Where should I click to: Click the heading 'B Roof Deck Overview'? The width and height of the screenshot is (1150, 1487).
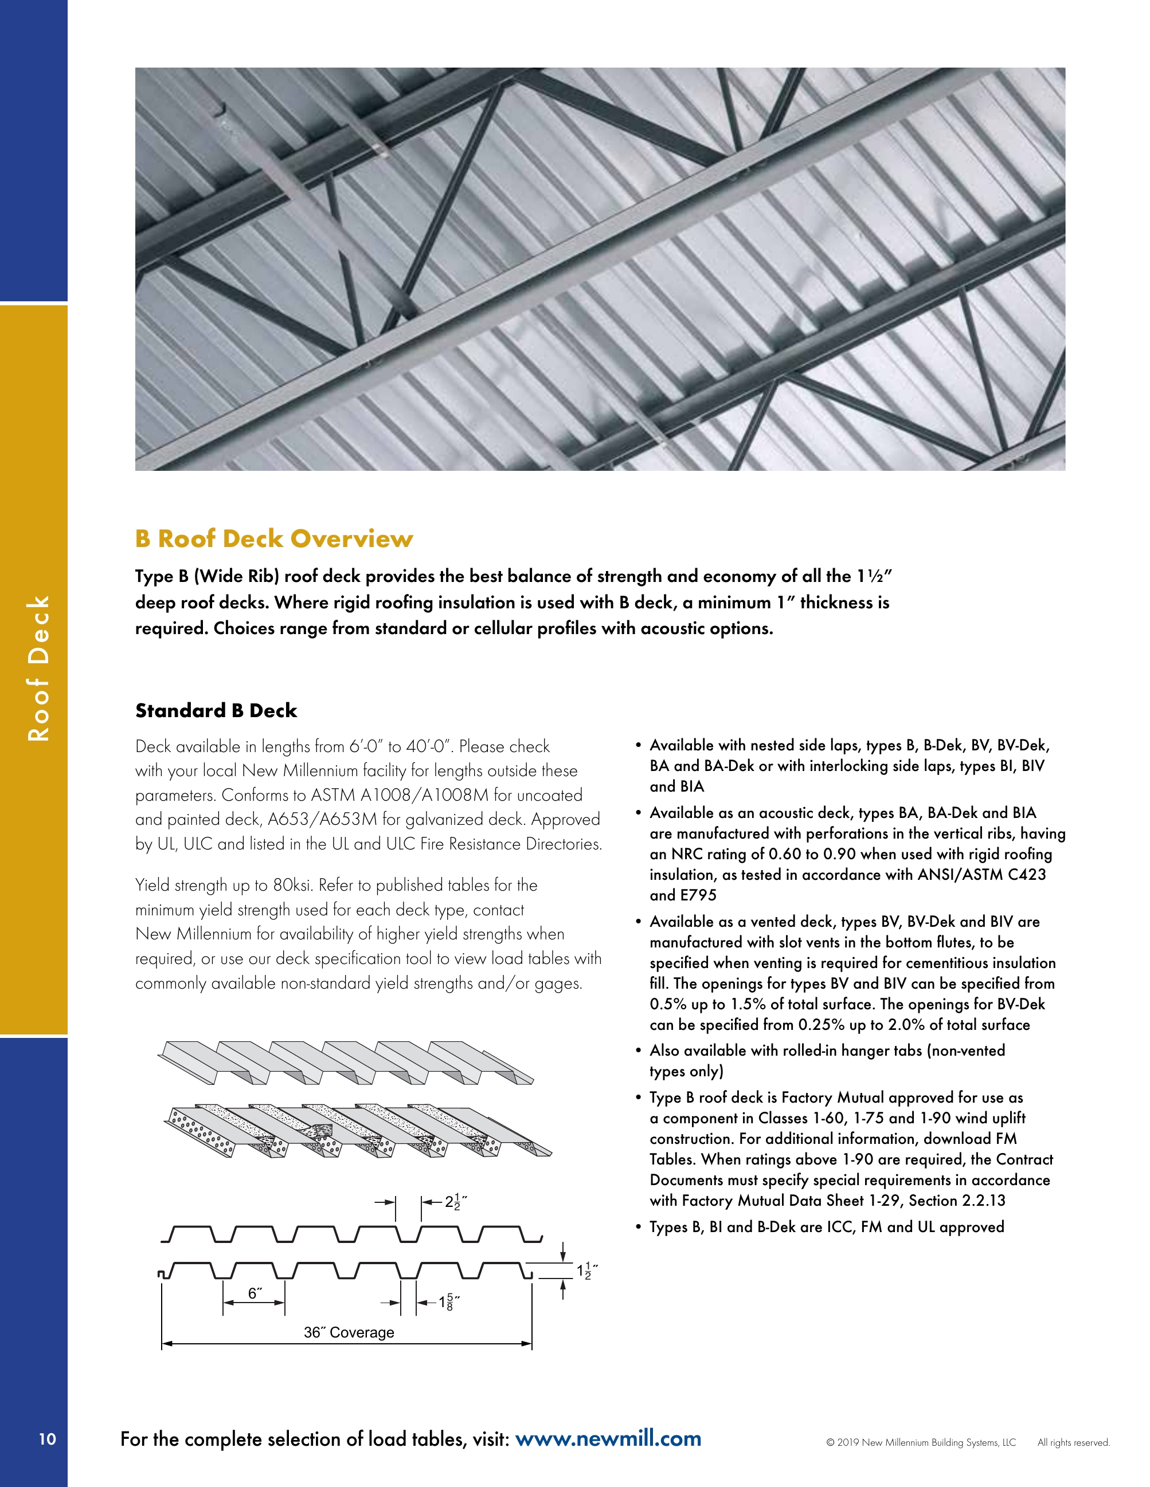point(274,538)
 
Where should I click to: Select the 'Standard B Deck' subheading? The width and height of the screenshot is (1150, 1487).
point(216,711)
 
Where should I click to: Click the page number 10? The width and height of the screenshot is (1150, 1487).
point(47,1439)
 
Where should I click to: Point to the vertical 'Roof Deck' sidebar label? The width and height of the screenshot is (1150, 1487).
point(38,668)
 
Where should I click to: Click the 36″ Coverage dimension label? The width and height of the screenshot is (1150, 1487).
point(349,1332)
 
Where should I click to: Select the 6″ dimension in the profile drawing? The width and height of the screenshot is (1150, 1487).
point(255,1293)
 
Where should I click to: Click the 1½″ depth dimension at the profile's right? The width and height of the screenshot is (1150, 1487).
point(586,1270)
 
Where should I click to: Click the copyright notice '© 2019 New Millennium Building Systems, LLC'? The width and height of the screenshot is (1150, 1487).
point(921,1442)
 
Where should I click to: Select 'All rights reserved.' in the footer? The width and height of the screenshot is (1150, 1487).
point(1073,1442)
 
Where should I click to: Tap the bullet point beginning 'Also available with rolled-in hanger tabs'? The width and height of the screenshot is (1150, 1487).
point(827,1061)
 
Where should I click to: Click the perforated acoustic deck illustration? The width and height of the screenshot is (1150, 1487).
point(358,1130)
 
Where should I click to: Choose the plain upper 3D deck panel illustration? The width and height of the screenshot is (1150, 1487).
point(346,1061)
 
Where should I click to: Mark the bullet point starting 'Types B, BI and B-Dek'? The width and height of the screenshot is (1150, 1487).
point(827,1227)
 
